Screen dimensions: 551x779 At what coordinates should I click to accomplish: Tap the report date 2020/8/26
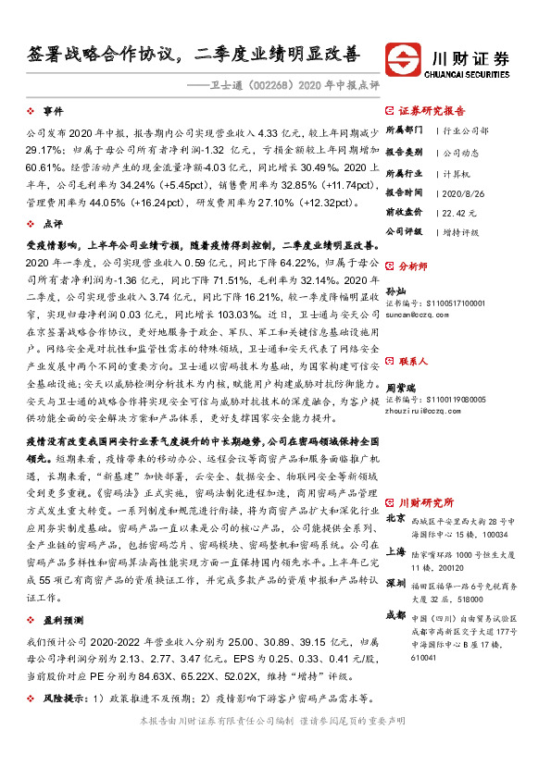tap(461, 192)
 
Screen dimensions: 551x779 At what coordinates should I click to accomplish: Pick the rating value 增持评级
tap(462, 230)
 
